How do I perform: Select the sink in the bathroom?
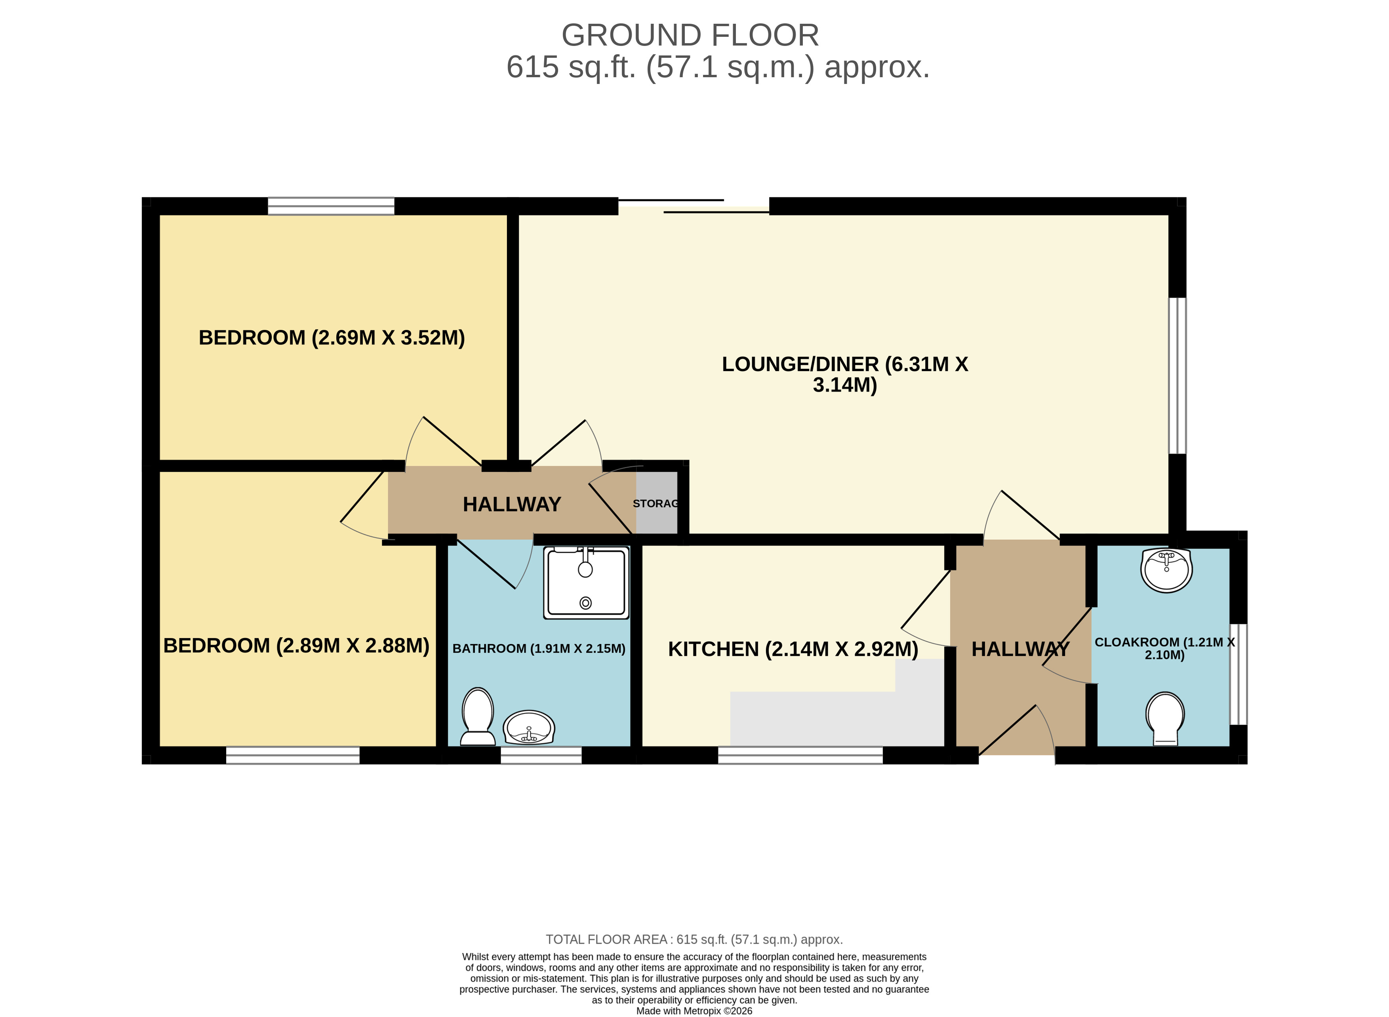click(529, 727)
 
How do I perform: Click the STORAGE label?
click(656, 504)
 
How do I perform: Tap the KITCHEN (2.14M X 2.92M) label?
click(793, 649)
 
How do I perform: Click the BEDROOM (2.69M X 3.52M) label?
click(331, 337)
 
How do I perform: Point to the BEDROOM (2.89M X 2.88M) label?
click(296, 645)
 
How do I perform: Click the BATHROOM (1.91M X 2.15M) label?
click(539, 648)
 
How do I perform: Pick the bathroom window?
click(541, 755)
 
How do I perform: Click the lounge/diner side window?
click(1177, 375)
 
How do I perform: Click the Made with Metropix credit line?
click(694, 1010)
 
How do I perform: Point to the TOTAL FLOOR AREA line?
click(694, 939)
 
